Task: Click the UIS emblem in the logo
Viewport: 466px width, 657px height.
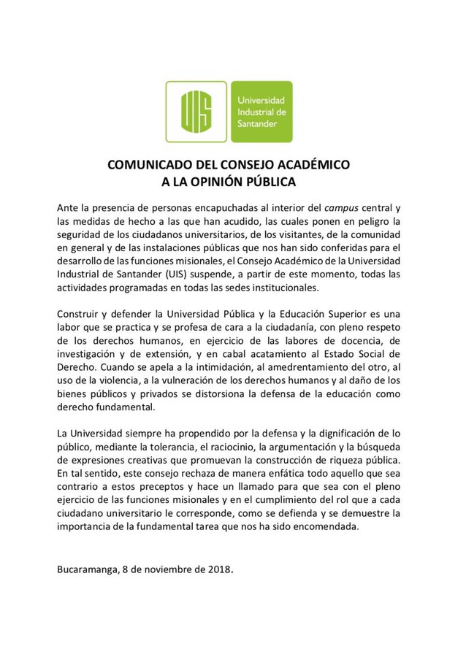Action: [196, 111]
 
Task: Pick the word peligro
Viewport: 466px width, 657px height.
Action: [380, 221]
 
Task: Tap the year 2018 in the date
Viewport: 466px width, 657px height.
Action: [217, 570]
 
